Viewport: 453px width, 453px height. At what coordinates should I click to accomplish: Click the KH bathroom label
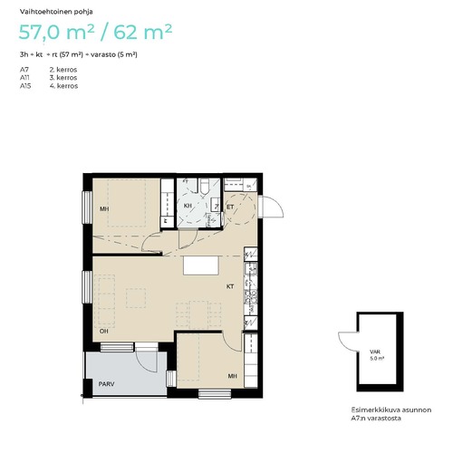(x=188, y=206)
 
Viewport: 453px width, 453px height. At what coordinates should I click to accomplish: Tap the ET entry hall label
(x=230, y=207)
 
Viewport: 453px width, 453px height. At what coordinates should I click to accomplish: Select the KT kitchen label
(x=230, y=286)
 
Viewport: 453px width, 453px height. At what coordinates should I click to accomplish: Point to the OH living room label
(x=104, y=332)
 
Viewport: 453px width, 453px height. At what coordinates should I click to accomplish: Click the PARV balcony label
(x=106, y=384)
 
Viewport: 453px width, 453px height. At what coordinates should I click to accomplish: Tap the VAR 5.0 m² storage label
(x=375, y=355)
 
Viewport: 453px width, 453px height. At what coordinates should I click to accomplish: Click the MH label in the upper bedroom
(x=104, y=209)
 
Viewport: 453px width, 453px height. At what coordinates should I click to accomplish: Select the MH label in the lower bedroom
(x=232, y=376)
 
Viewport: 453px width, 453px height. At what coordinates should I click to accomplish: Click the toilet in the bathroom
(x=205, y=186)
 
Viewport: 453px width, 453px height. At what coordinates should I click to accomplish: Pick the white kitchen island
(x=201, y=265)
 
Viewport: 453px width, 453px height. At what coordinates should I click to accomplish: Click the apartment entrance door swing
(x=273, y=207)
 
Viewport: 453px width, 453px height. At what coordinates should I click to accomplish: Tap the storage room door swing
(x=348, y=342)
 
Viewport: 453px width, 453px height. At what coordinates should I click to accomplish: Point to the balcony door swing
(x=147, y=361)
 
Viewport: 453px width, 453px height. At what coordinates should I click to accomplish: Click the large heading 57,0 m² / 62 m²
(x=95, y=32)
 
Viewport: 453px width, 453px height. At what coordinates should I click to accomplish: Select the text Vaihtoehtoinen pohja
(x=56, y=12)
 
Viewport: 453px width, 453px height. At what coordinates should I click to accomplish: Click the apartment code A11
(x=24, y=78)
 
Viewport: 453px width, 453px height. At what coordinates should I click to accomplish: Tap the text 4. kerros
(x=63, y=86)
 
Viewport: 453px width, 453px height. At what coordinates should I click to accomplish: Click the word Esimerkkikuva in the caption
(x=372, y=410)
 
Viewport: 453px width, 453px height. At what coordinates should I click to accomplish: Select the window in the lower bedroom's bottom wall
(x=215, y=394)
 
